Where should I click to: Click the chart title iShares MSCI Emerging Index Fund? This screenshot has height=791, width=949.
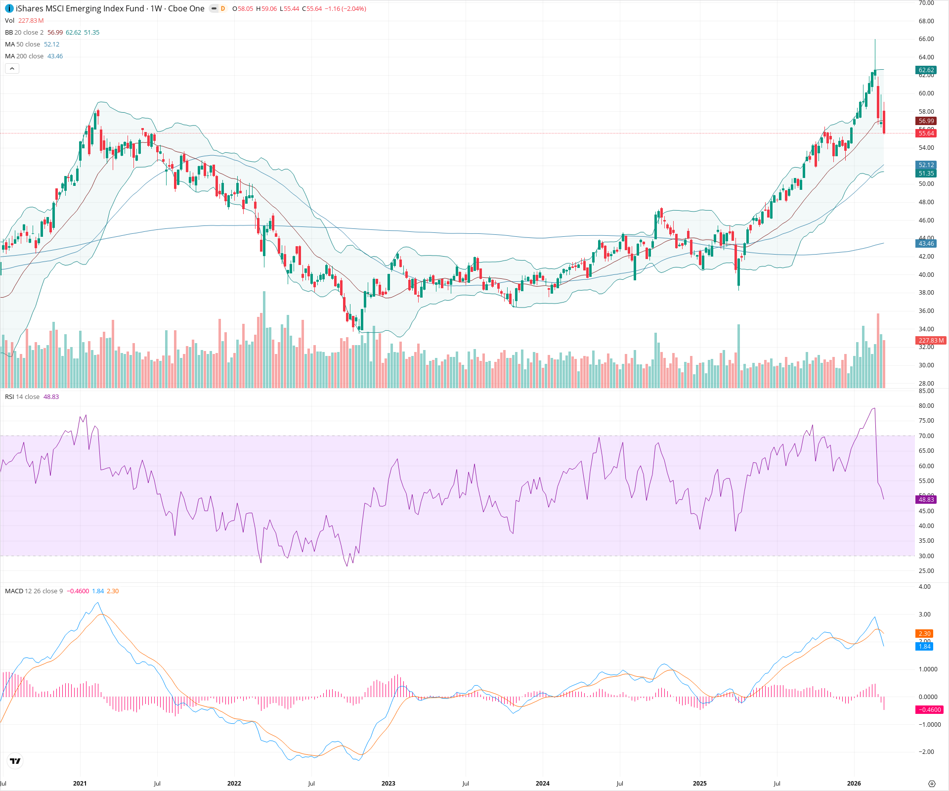[x=80, y=8]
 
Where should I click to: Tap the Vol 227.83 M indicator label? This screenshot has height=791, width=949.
[x=24, y=20]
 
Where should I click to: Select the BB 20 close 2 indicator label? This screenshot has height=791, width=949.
[x=24, y=32]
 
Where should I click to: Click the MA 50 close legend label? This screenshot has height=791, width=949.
[x=22, y=44]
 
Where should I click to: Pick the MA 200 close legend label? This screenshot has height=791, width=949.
[x=24, y=56]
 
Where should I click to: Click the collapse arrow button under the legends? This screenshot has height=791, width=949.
[x=12, y=68]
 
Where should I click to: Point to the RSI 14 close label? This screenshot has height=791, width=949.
[x=22, y=396]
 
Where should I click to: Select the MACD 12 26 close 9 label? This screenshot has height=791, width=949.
[x=34, y=591]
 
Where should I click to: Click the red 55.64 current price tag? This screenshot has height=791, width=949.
[x=926, y=133]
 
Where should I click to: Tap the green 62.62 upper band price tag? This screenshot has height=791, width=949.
[x=926, y=70]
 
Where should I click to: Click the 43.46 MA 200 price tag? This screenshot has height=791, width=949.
[x=926, y=243]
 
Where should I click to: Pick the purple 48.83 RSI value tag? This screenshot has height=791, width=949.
[x=926, y=499]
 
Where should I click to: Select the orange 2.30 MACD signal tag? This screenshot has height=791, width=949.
[x=924, y=633]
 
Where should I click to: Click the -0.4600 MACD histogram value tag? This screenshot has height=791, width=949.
[x=930, y=709]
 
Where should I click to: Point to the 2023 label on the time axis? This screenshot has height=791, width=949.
[x=388, y=783]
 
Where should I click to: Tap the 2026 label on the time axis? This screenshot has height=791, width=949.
[x=854, y=783]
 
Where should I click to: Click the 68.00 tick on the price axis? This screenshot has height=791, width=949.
[x=926, y=21]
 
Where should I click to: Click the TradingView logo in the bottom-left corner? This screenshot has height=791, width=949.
[x=15, y=761]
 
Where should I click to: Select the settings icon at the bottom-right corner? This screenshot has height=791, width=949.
[x=932, y=784]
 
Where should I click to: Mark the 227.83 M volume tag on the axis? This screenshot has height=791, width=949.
[x=931, y=340]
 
